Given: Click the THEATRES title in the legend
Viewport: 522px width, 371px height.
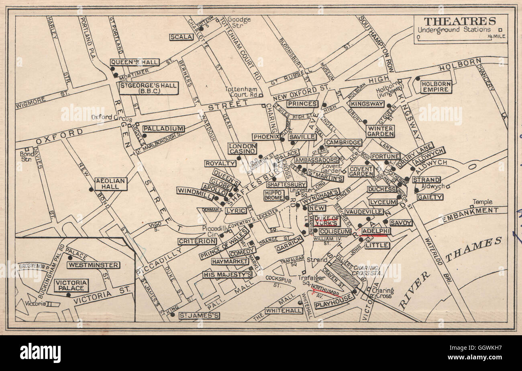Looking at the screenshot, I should (x=460, y=21).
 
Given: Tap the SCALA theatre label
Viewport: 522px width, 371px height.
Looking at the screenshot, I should (x=181, y=37).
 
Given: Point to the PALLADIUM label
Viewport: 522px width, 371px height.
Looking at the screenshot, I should (x=163, y=129).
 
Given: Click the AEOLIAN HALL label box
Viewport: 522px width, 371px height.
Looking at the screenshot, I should (x=111, y=184).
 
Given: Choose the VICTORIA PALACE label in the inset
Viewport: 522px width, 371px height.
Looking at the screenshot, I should (x=71, y=285).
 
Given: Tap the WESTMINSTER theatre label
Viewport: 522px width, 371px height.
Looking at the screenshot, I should (x=93, y=265).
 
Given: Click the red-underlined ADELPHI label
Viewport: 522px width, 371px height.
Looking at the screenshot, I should (x=376, y=231).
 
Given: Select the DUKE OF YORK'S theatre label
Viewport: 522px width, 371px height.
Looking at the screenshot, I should (x=326, y=221).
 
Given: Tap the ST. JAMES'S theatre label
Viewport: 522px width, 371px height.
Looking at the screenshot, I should (x=199, y=316).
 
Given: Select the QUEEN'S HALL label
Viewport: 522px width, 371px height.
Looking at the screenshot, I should (x=135, y=62).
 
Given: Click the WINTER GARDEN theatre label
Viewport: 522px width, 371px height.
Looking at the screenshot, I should (x=380, y=131).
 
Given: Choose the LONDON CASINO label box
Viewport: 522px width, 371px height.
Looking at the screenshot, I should (x=243, y=149).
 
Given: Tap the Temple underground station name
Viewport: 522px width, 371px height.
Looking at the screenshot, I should (x=482, y=202).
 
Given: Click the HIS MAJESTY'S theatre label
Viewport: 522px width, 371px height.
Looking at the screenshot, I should (x=227, y=275).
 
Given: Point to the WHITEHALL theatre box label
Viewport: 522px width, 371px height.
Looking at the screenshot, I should (x=284, y=311).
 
